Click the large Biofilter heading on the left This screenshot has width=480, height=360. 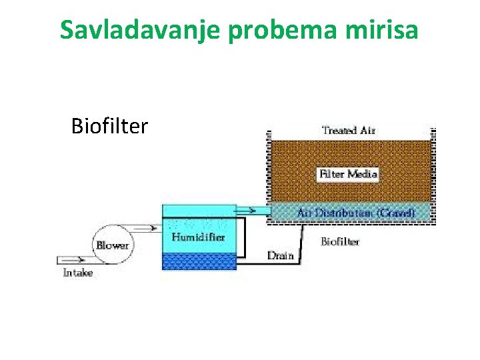(109, 125)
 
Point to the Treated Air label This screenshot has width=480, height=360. (348, 130)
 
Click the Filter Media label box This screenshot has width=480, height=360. (348, 175)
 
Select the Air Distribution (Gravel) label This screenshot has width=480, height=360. (355, 213)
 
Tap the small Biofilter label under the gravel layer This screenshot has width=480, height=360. (340, 241)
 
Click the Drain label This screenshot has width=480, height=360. (280, 255)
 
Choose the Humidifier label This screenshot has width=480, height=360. (198, 237)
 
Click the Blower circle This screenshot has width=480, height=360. (111, 245)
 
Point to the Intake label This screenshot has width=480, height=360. (77, 273)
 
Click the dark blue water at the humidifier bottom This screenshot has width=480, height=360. (199, 261)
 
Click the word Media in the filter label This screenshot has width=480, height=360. (362, 175)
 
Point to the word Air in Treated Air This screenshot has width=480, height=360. (367, 130)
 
